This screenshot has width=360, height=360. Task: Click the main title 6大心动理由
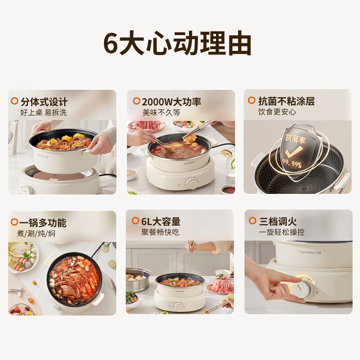[x=177, y=43]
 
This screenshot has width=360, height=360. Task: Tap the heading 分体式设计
[x=44, y=102]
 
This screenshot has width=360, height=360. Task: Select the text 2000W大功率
[x=171, y=102]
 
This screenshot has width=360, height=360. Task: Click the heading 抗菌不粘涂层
[x=286, y=101]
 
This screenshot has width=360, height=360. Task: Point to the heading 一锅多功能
[x=43, y=222]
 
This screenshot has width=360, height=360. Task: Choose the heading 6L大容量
[x=161, y=221]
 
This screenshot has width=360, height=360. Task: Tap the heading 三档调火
[x=278, y=221]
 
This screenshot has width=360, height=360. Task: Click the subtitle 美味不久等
[x=161, y=112]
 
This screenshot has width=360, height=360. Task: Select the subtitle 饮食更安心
[x=277, y=112]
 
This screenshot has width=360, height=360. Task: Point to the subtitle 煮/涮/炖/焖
[x=36, y=234]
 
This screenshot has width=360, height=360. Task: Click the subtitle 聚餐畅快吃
[x=160, y=232]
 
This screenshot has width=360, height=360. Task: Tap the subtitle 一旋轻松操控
[x=282, y=232]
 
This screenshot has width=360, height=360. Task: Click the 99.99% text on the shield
[x=292, y=163]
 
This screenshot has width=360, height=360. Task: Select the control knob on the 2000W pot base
[x=192, y=183]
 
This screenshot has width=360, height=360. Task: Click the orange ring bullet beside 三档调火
[x=252, y=220]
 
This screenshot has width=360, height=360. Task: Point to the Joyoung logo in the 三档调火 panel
[x=310, y=252]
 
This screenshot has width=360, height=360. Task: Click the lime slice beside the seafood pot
[x=112, y=264]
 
